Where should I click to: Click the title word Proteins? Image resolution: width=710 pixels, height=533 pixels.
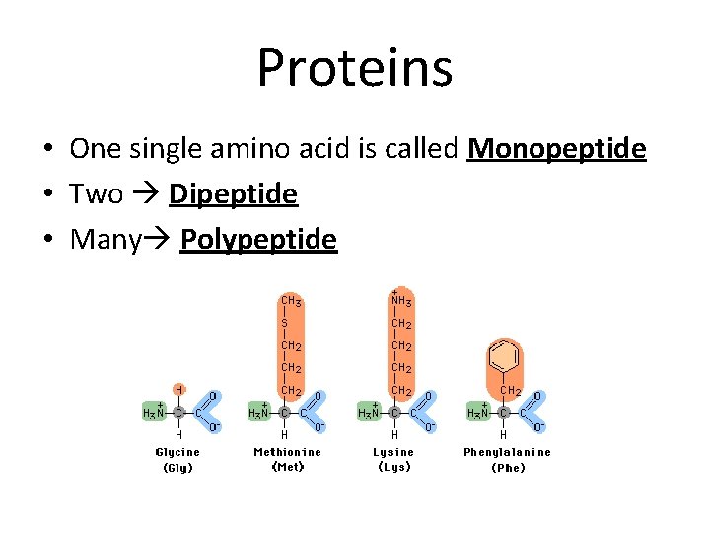pos(355,67)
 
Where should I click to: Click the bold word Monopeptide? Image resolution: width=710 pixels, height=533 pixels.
pos(557,149)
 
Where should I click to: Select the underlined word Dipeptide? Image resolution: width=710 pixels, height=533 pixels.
pos(233,194)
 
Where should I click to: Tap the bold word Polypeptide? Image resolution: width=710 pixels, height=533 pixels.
pos(258,240)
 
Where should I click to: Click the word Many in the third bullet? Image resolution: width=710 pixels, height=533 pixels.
pos(106,240)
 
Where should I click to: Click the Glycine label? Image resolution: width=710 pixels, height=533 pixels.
pos(177,452)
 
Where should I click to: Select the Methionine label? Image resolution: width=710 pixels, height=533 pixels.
pos(287,452)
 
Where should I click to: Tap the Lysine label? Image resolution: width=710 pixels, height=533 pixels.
pos(394,452)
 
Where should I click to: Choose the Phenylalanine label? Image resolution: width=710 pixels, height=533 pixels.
pos(508,452)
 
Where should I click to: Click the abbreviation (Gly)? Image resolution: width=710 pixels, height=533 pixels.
pos(177,468)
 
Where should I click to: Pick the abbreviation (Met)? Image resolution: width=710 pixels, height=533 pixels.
pos(287,468)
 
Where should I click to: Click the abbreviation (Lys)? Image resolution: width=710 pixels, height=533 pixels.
pos(394,468)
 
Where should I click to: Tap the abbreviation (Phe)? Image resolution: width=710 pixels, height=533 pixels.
pos(508,468)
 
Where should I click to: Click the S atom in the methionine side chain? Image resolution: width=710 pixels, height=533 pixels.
pos(284,323)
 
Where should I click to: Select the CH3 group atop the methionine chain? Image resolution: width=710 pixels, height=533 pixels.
pos(291,300)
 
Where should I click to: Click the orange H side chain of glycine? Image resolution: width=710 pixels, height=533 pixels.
pos(178,390)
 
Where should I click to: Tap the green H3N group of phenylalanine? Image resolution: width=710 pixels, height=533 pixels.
pos(477,413)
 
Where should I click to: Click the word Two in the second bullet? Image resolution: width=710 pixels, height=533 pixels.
pos(96,194)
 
